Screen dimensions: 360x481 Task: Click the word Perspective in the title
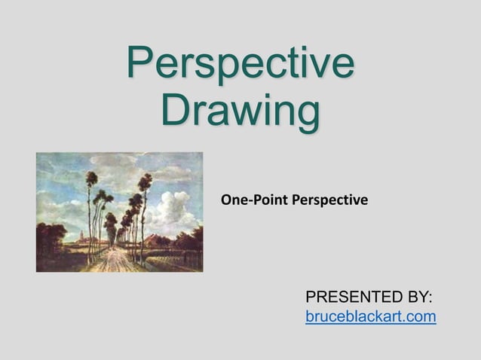point(240,63)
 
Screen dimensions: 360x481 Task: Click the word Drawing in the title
point(240,110)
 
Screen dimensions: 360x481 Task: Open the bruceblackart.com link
point(370,317)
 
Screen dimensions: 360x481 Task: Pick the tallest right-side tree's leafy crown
point(146,183)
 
